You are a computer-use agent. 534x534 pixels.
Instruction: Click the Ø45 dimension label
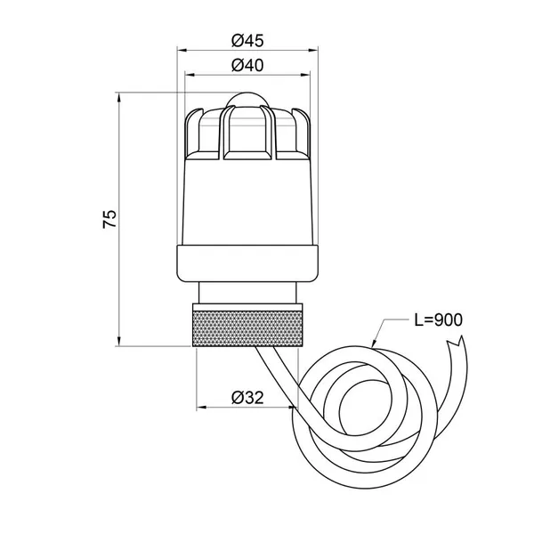pos(247,41)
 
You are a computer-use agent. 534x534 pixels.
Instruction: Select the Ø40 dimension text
pos(247,65)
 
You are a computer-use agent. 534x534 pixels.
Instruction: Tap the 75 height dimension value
pos(109,219)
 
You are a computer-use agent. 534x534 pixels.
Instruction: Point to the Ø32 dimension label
pos(247,398)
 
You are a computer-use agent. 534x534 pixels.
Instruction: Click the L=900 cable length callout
pos(438,320)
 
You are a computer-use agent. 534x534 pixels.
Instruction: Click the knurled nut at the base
pos(247,325)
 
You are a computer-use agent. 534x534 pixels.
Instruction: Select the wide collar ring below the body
pos(247,263)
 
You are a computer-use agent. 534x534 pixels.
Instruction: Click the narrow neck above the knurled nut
pos(247,292)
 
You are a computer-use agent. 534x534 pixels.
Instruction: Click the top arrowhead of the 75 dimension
pos(119,97)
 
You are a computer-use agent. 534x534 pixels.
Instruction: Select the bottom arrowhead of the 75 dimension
pos(119,341)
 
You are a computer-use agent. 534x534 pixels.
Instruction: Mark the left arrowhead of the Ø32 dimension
pos(202,407)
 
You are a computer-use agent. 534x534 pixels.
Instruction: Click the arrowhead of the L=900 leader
pos(375,344)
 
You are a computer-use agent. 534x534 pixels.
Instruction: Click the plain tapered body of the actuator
pos(247,202)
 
